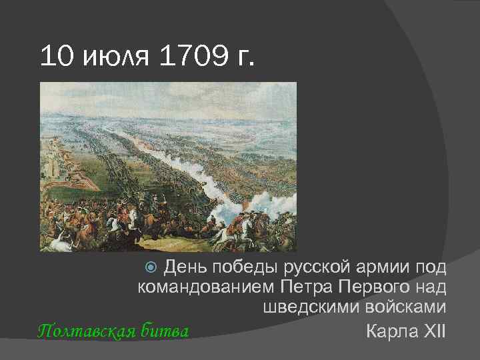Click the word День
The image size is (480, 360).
click(185, 268)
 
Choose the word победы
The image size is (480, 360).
click(243, 268)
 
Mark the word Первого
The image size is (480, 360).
click(377, 288)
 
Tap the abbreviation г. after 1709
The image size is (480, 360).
click(245, 58)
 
